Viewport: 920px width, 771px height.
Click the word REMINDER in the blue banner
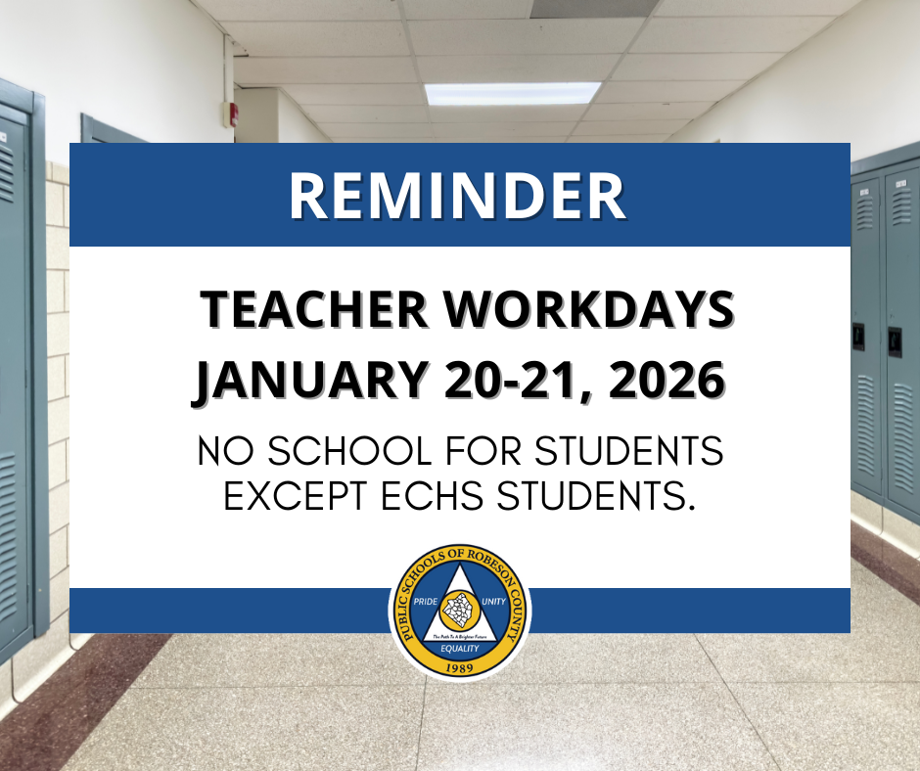(458, 197)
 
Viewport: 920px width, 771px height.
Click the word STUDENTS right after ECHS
(597, 496)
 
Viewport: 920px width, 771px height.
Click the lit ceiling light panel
(512, 94)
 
